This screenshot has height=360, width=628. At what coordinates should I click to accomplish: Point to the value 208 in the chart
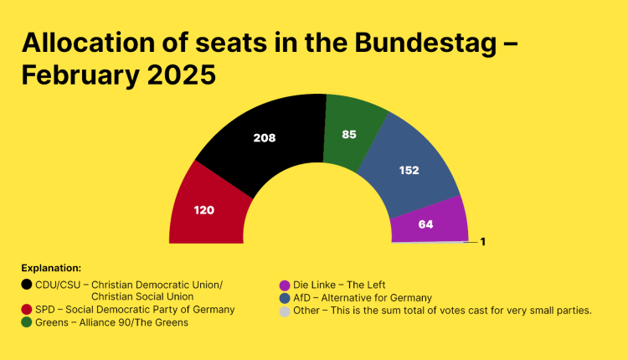point(265,138)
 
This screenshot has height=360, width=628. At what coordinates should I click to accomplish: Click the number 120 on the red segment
point(203,210)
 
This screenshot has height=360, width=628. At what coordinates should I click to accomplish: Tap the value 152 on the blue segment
point(408,170)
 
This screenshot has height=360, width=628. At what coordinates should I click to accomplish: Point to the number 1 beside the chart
point(483,242)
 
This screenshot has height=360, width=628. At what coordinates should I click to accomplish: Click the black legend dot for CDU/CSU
point(27,285)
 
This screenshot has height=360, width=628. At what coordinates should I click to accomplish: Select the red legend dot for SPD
point(27,310)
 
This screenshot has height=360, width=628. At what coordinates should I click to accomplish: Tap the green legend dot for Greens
point(27,322)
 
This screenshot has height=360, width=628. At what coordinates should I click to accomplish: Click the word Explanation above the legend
point(51,269)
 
